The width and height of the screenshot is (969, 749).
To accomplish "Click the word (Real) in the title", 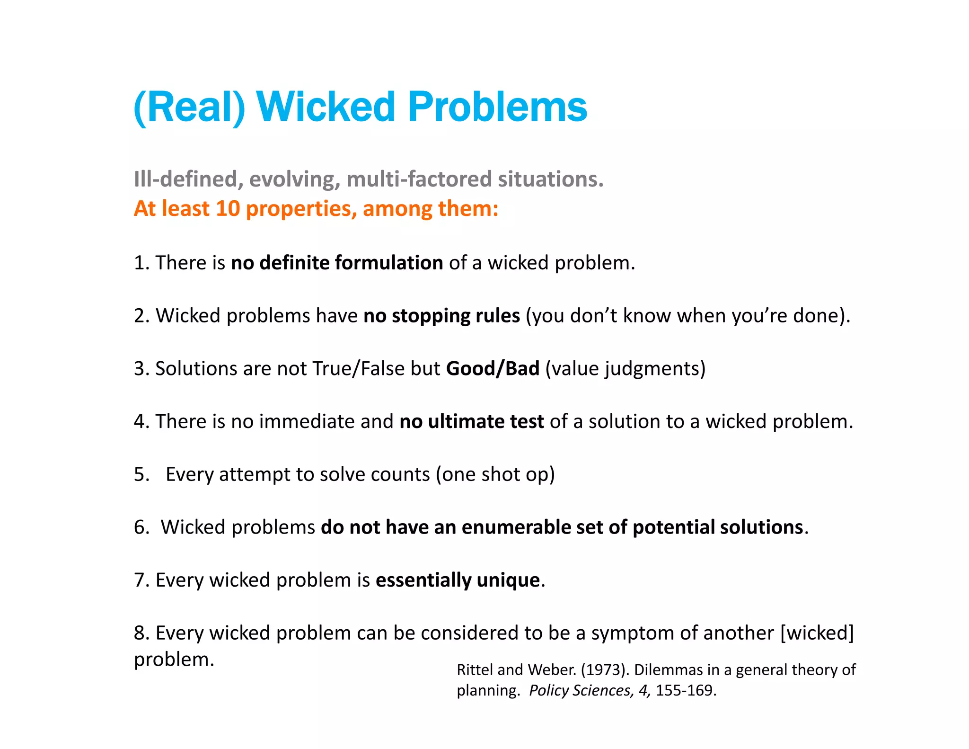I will tap(189, 107).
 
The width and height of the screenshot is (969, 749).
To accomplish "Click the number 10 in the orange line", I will tap(228, 209).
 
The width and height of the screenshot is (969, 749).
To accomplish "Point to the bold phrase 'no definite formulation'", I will tap(336, 263).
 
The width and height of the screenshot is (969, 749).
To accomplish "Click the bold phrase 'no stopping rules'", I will tap(441, 316).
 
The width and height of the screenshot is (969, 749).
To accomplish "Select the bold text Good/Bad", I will tap(493, 368).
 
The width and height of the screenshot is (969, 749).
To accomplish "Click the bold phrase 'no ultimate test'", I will tap(471, 421).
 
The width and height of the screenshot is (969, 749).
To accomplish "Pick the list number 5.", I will tap(141, 474).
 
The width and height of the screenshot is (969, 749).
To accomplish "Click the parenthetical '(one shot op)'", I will tap(495, 474).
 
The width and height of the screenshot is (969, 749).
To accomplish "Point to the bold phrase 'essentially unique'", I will tap(458, 580).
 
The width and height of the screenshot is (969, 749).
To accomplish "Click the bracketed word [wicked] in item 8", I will tap(817, 633).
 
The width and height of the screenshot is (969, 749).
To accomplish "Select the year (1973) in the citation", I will tap(605, 670).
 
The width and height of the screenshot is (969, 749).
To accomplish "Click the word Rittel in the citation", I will tap(475, 670).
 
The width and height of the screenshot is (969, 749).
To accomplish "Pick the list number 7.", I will tap(141, 580).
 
